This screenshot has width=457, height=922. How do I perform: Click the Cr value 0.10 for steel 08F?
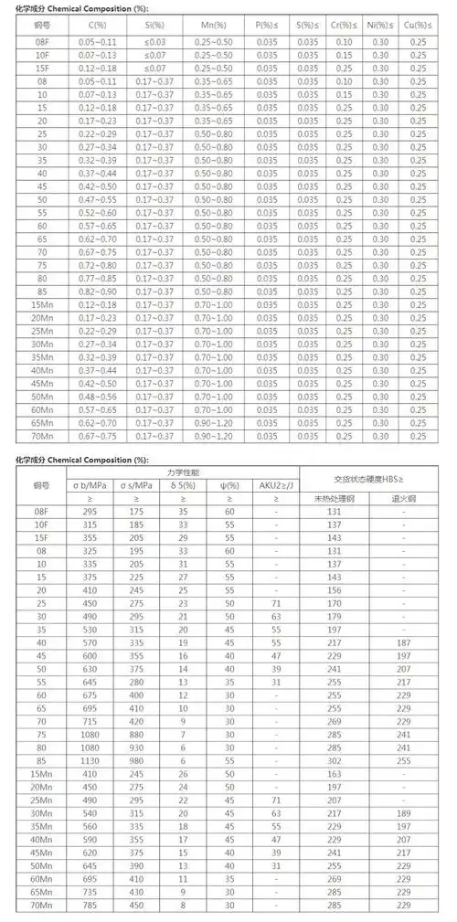click(345, 43)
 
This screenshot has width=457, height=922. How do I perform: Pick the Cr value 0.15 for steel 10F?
click(345, 56)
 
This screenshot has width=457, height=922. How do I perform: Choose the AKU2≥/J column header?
click(276, 485)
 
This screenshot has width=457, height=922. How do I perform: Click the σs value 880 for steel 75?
click(136, 731)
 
